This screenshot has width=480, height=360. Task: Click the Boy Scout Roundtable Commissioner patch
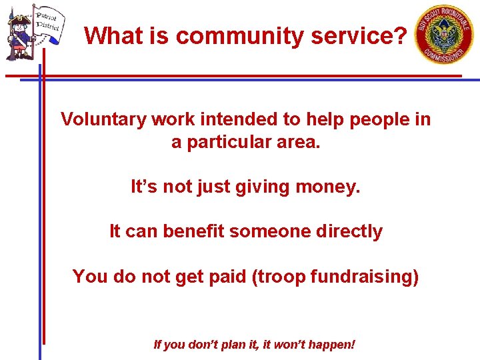coord(445,35)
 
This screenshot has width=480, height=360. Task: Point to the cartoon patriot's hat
coord(17,13)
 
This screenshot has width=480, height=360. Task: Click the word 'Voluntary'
coord(103,119)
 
